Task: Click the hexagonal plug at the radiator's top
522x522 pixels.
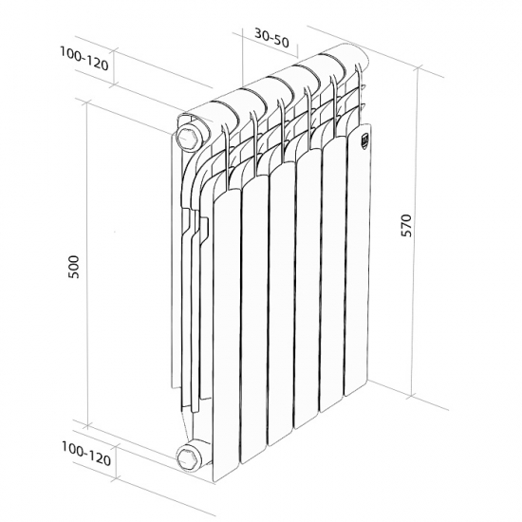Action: [190, 131]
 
